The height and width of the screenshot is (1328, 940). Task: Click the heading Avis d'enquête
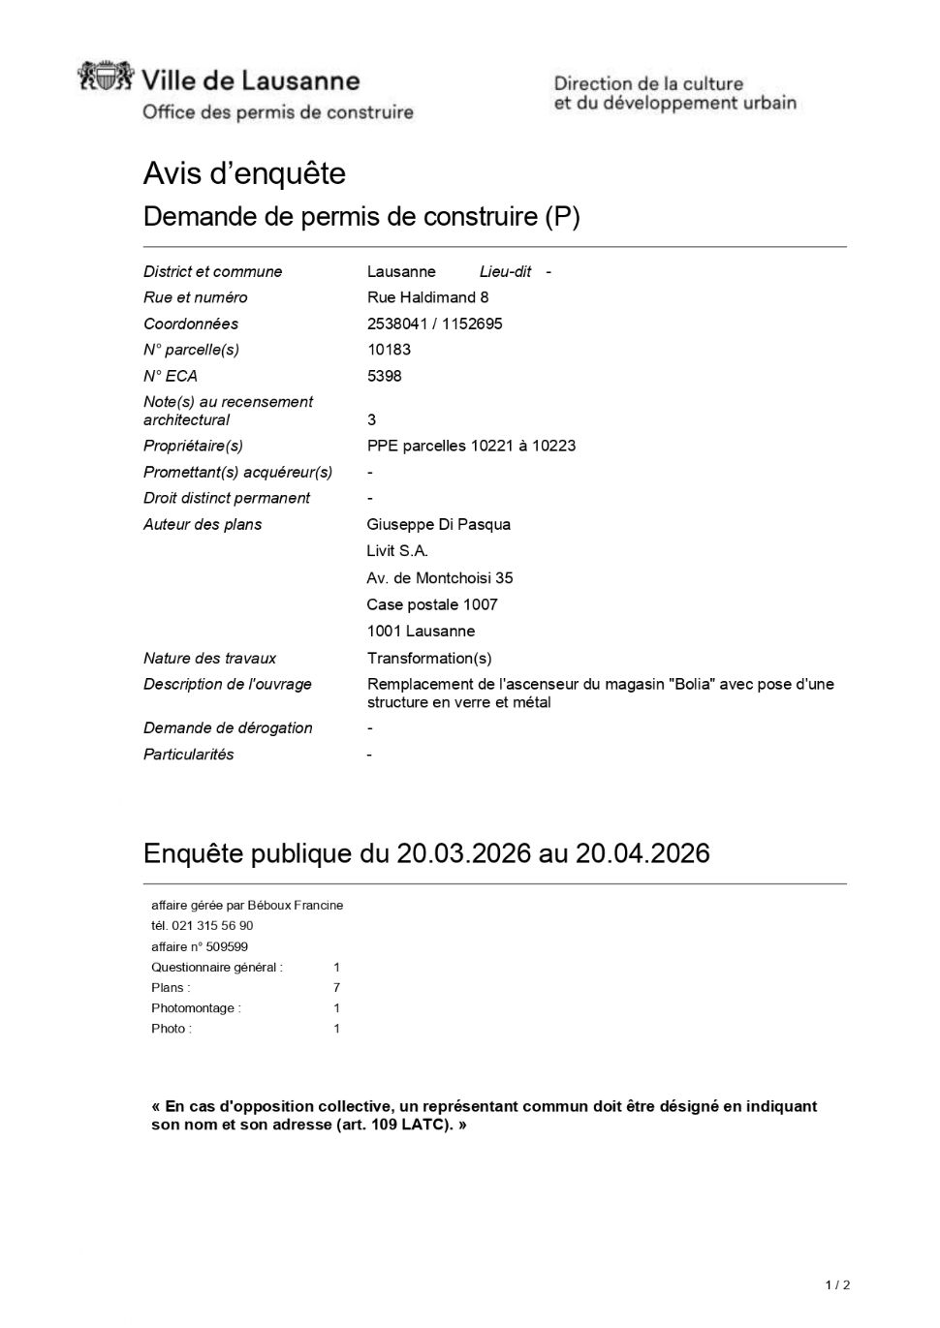pos(244,173)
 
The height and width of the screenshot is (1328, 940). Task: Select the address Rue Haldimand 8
pos(427,297)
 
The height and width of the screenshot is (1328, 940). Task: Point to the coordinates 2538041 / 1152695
pos(434,324)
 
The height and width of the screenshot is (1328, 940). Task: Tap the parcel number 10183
pos(388,350)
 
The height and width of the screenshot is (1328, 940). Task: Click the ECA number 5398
pos(384,376)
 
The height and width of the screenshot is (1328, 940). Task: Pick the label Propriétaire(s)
pos(193,446)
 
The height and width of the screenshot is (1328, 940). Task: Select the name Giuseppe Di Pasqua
pos(438,524)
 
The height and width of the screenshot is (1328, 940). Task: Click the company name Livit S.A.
pos(396,551)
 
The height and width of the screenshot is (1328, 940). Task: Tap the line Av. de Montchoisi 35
pos(439,578)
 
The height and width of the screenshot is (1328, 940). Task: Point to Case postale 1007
pos(431,604)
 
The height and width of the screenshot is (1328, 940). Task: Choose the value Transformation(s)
pos(428,659)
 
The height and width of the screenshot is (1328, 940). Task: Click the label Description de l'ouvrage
pos(227,684)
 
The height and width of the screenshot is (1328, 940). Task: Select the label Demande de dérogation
pos(228,727)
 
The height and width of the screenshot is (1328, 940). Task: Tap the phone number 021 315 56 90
pos(212,926)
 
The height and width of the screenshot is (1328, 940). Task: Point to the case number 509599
pos(227,946)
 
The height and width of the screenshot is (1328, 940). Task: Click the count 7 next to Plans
pos(336,988)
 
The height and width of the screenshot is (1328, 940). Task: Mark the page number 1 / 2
pos(837,1285)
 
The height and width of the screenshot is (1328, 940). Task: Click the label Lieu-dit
pos(505,271)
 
